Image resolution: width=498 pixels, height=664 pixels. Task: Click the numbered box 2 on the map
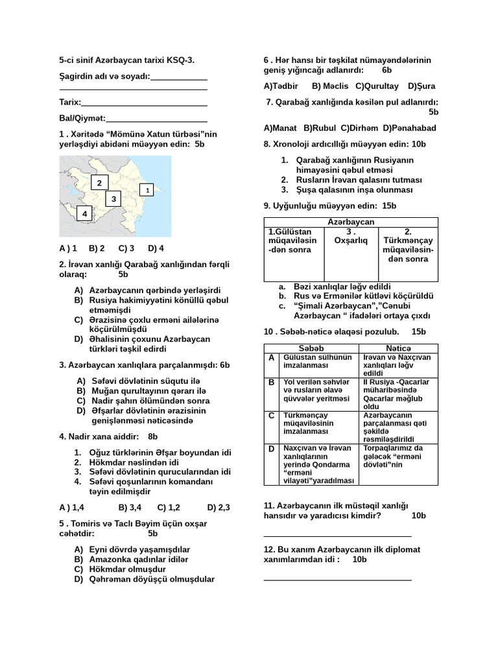(x=99, y=183)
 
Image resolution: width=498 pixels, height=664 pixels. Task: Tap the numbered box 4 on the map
(x=84, y=213)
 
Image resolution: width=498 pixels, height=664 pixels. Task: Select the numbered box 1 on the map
(x=148, y=190)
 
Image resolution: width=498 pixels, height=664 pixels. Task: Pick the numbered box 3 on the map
(x=113, y=198)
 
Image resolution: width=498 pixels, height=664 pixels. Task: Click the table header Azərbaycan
(x=351, y=222)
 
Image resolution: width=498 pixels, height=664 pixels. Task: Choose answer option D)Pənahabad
(x=410, y=128)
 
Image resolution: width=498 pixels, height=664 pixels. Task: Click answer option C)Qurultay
(x=377, y=86)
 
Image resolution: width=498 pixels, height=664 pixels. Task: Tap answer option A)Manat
(x=280, y=128)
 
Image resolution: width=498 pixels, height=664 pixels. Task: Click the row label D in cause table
(x=272, y=448)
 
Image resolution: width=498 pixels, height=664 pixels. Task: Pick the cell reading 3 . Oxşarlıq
(x=350, y=236)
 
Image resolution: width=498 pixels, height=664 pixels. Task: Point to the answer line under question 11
(x=337, y=536)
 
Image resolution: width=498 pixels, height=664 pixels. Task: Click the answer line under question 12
(x=337, y=579)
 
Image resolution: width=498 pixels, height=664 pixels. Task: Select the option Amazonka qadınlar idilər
(x=139, y=559)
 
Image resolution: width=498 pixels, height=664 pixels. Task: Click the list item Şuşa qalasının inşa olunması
(x=354, y=190)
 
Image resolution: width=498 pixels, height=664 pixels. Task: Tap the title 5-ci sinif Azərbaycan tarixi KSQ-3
(x=126, y=60)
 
